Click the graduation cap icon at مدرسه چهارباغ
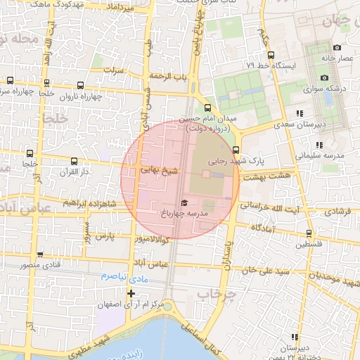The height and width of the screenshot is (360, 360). pyautogui.click(x=184, y=202)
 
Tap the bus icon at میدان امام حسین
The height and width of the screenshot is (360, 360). pyautogui.click(x=207, y=108)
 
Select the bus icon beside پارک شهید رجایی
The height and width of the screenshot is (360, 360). pyautogui.click(x=236, y=149)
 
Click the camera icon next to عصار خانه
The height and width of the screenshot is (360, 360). pyautogui.click(x=337, y=47)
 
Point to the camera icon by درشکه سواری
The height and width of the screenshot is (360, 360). pyautogui.click(x=323, y=77)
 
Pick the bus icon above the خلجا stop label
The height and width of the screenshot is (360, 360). pyautogui.click(x=29, y=152)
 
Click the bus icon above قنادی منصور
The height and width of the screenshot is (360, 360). pyautogui.click(x=40, y=255)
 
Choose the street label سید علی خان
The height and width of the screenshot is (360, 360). pyautogui.click(x=265, y=270)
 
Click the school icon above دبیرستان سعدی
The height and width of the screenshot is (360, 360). pyautogui.click(x=300, y=112)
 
